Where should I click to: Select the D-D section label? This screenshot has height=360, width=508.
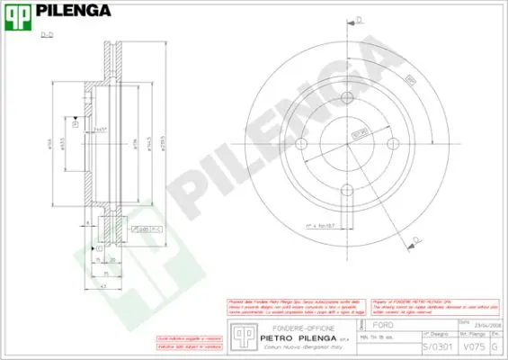(x=46, y=33)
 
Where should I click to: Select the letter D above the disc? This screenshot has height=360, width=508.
(x=359, y=19)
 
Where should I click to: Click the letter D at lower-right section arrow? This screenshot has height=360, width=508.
(x=413, y=238)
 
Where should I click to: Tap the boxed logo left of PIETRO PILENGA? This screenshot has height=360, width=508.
(x=238, y=333)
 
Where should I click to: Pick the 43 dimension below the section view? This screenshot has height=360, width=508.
(x=104, y=285)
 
